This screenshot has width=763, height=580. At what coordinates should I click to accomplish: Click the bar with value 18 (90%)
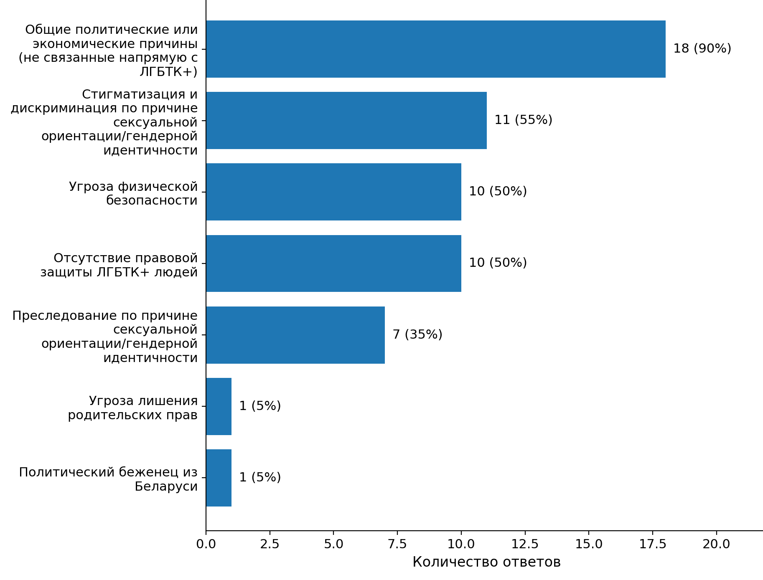435,49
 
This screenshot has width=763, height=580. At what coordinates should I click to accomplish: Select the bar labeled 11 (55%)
346,120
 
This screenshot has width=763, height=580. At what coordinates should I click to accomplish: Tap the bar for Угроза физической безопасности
333,192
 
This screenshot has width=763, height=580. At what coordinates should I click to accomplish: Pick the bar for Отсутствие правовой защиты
333,263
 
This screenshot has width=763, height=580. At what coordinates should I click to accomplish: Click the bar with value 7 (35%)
295,335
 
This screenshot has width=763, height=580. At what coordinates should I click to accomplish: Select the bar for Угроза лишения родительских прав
219,406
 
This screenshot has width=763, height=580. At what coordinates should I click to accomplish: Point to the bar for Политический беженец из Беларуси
219,478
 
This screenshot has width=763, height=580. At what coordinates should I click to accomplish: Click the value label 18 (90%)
702,49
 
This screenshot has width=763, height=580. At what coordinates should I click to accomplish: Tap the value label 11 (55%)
523,120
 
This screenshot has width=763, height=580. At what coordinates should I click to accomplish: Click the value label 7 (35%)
417,334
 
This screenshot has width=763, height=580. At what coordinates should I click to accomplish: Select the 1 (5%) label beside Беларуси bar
260,477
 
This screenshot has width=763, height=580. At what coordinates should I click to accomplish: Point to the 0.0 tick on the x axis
206,544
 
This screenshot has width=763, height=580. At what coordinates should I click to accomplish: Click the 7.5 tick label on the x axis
397,544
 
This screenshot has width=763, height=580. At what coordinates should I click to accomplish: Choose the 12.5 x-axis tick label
525,544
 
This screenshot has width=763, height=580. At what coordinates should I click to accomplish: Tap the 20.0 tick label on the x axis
716,544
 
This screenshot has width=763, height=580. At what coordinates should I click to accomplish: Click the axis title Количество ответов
486,562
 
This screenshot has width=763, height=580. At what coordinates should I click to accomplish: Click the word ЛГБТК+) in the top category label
168,72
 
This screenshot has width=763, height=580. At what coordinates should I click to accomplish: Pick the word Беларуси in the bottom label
166,486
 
